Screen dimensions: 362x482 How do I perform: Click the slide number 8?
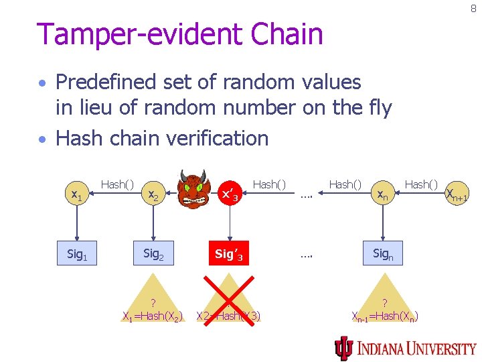click(x=473, y=9)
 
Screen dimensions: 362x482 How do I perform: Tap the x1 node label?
click(x=77, y=195)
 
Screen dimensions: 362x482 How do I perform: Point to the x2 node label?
click(x=153, y=195)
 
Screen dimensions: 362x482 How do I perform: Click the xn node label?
click(x=382, y=195)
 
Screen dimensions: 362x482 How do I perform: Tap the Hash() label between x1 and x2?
click(x=117, y=184)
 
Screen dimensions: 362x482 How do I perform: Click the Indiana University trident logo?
click(x=343, y=347)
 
